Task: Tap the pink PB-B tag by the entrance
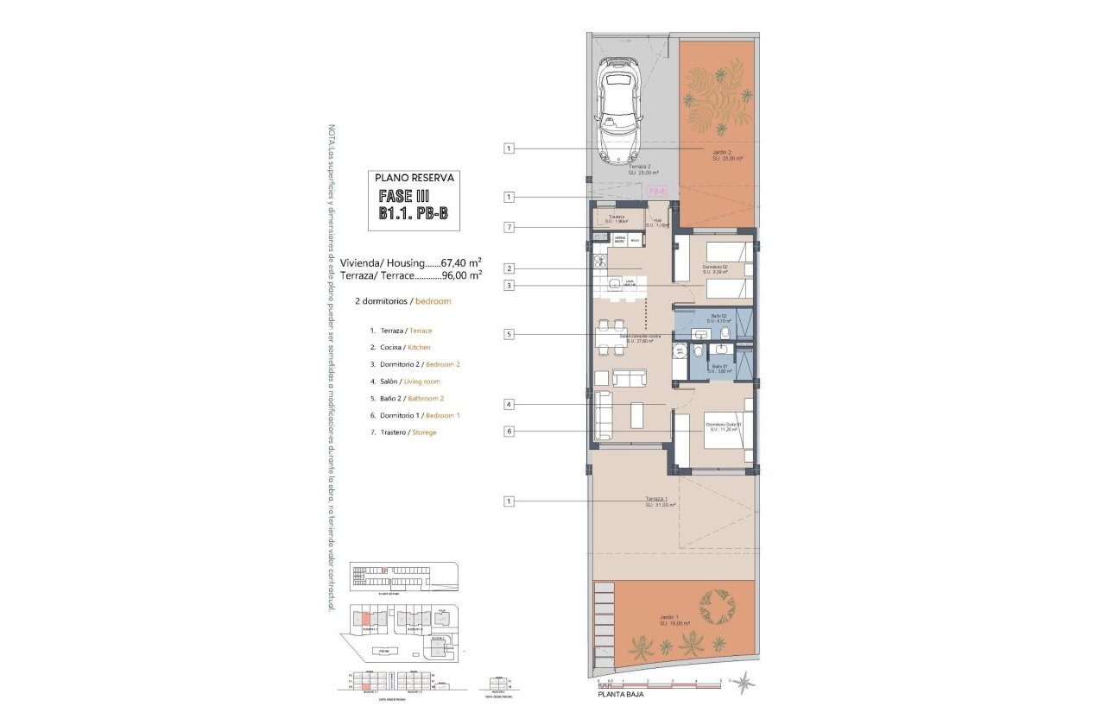tap(656, 191)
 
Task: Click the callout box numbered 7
tap(510, 227)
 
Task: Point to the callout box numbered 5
tap(510, 334)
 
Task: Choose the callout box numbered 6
tap(510, 432)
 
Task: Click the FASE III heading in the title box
tap(405, 198)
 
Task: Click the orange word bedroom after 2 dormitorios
tap(433, 302)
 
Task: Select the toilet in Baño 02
tap(725, 333)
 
